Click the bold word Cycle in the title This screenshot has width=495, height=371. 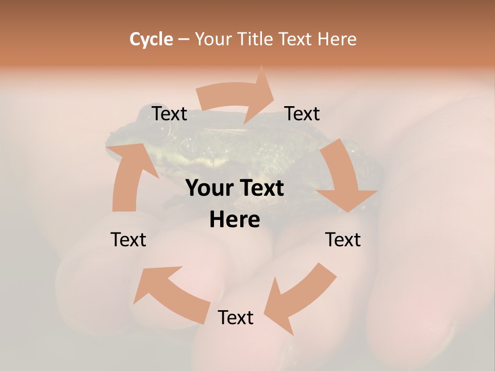point(151,39)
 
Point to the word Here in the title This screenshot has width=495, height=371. point(337,39)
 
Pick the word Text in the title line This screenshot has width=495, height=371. point(298,39)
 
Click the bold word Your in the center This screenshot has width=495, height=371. point(209,189)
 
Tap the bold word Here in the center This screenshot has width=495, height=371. point(235,220)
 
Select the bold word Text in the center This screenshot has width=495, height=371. point(261,189)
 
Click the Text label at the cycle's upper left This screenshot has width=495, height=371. point(170,114)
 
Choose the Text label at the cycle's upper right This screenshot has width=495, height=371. point(302,114)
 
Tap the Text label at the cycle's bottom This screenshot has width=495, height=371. point(236,317)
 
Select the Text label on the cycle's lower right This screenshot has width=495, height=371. point(343,240)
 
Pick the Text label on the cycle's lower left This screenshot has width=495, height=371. point(128,240)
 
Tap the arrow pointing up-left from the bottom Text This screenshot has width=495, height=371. point(170,294)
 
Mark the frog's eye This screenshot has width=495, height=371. point(161,132)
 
